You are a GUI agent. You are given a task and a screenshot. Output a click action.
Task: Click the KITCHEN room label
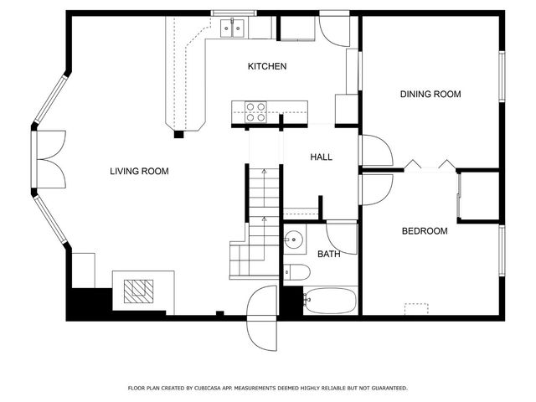coord(267,66)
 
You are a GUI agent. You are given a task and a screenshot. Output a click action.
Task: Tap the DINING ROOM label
coord(430,95)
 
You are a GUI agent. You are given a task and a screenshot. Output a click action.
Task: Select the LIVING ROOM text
coord(139,172)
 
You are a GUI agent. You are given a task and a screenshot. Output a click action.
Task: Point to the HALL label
coord(321,157)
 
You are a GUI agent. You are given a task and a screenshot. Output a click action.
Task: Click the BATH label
coord(329,254)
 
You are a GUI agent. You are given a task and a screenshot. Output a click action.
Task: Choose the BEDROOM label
coord(424,231)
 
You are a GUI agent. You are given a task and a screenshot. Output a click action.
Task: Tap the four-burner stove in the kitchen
coord(255,111)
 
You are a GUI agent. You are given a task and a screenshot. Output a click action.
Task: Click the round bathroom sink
coord(293,240)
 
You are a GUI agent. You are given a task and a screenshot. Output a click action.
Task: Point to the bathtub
coord(330,300)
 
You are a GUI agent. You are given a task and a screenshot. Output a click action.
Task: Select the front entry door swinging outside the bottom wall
coord(264,318)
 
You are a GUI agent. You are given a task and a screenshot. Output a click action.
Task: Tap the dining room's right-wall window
coord(501,77)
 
